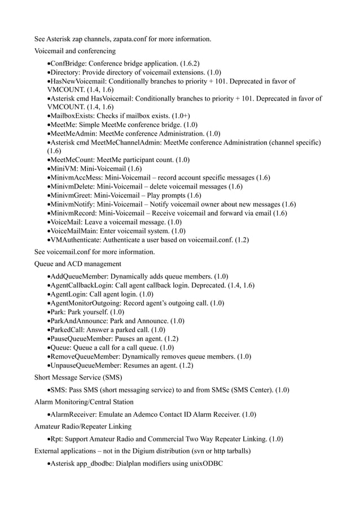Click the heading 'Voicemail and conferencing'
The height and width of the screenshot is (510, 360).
tap(74, 51)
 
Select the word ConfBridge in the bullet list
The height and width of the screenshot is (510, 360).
tap(69, 63)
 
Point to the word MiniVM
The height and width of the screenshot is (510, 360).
tap(63, 168)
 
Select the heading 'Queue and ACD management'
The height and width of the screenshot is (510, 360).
tap(77, 264)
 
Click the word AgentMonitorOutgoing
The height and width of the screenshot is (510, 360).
tap(85, 303)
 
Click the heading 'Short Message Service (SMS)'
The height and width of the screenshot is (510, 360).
tap(78, 377)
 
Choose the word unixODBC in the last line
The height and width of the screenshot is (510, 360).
tap(207, 464)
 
